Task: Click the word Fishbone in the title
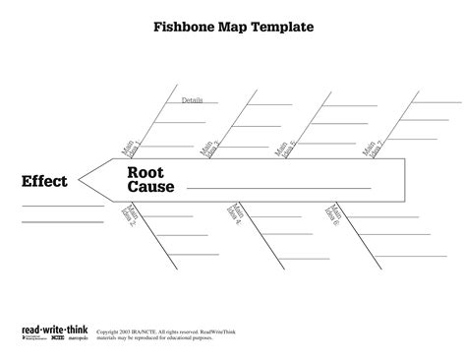[184, 28]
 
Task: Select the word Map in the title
[232, 28]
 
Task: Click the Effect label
[45, 181]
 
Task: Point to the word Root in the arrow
[145, 171]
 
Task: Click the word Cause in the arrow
[149, 187]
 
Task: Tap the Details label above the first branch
[193, 100]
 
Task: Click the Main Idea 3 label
[209, 149]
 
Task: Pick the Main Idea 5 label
[286, 149]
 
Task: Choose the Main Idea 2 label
[130, 215]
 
